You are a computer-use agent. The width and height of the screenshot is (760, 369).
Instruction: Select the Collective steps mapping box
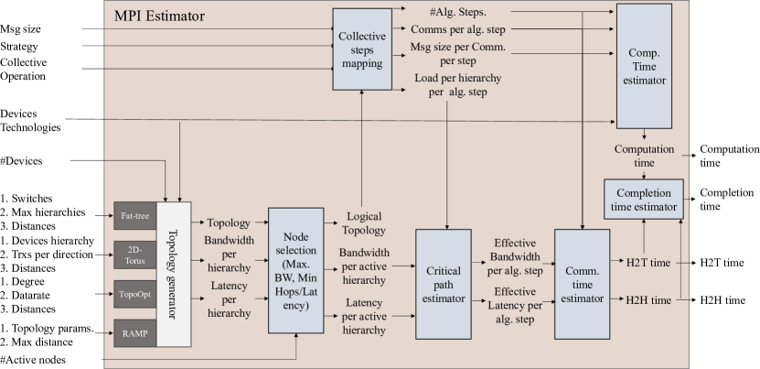361,50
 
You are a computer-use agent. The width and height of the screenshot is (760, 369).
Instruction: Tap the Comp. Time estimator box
648,65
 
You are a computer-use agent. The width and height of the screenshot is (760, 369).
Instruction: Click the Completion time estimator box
643,200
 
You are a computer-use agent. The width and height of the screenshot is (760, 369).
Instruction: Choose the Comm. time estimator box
582,284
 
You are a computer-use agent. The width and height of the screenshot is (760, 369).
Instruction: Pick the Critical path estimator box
442,284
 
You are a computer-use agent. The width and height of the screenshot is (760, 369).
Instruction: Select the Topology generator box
174,274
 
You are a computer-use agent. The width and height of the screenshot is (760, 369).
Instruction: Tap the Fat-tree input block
134,217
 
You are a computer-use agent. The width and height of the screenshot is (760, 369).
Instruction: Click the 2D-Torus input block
134,255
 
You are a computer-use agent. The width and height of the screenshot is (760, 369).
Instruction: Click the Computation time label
644,156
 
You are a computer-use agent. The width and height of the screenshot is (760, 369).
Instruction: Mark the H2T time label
648,263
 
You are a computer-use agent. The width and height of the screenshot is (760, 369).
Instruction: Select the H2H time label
648,299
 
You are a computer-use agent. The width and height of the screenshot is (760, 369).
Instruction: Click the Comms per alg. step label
457,29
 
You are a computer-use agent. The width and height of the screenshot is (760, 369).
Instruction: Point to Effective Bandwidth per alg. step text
515,256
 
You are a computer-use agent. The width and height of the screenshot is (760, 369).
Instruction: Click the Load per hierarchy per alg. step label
458,85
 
